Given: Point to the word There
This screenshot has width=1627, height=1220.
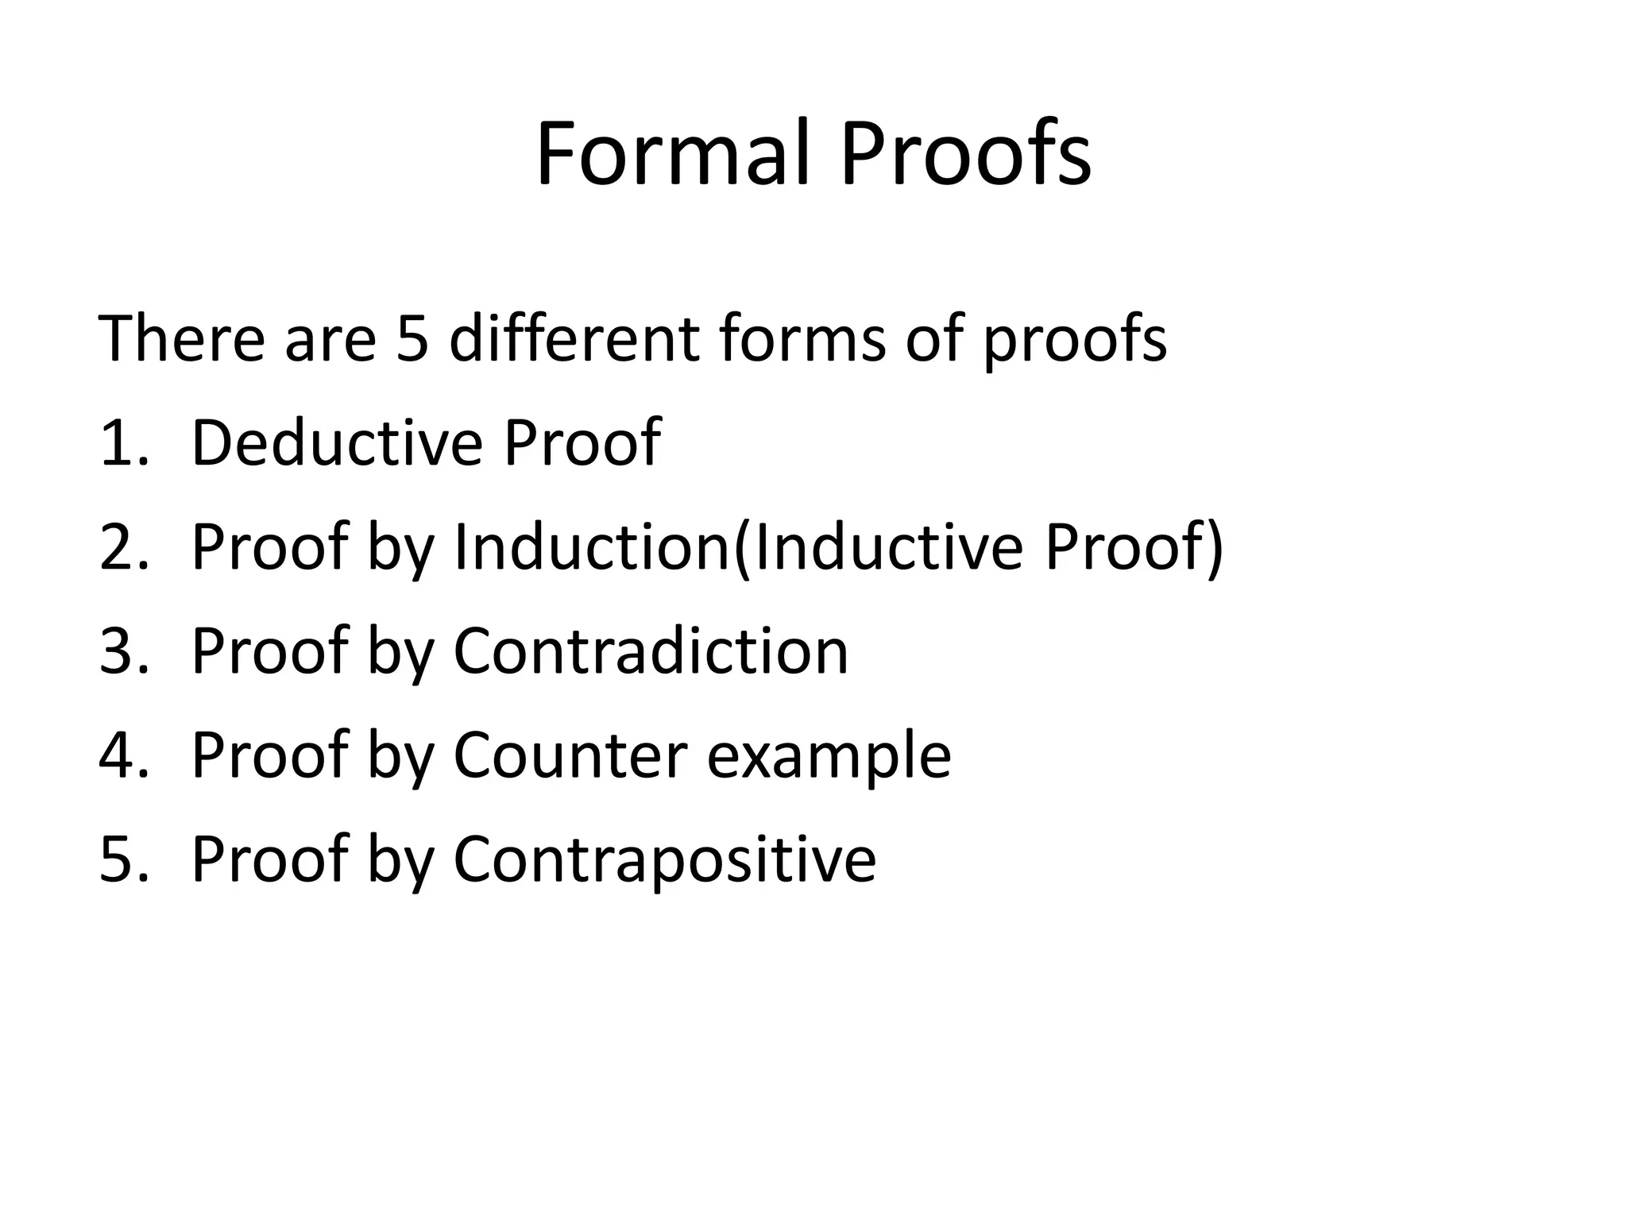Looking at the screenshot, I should pos(181,338).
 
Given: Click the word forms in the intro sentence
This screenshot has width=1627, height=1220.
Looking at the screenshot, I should pos(802,338).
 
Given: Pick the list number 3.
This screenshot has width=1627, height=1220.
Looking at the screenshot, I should pos(119,651).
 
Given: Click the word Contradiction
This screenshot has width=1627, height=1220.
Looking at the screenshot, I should pos(651,651).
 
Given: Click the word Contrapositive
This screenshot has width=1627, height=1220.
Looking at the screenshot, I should pos(664,860).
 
